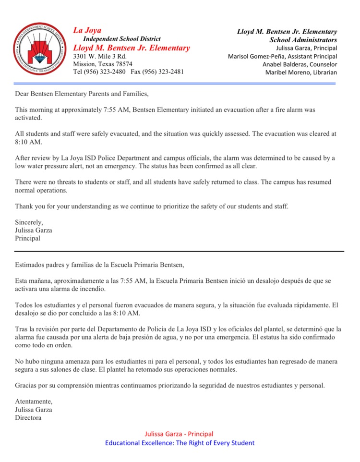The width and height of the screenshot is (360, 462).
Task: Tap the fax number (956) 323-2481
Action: pyautogui.click(x=163, y=72)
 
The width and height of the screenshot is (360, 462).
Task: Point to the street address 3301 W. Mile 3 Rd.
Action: pyautogui.click(x=99, y=56)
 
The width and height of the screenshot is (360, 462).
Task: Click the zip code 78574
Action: pyautogui.click(x=122, y=64)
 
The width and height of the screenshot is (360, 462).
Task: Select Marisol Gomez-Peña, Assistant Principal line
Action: pyautogui.click(x=282, y=56)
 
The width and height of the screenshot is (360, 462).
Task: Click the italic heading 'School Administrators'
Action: pyautogui.click(x=303, y=40)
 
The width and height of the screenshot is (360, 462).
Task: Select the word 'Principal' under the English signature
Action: pyautogui.click(x=28, y=238)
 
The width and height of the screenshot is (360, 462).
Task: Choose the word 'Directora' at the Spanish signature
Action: pyautogui.click(x=28, y=418)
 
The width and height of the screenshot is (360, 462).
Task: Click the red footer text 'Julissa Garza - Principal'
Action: pyautogui.click(x=179, y=434)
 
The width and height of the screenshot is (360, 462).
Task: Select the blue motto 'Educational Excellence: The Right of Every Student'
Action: pyautogui.click(x=180, y=443)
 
